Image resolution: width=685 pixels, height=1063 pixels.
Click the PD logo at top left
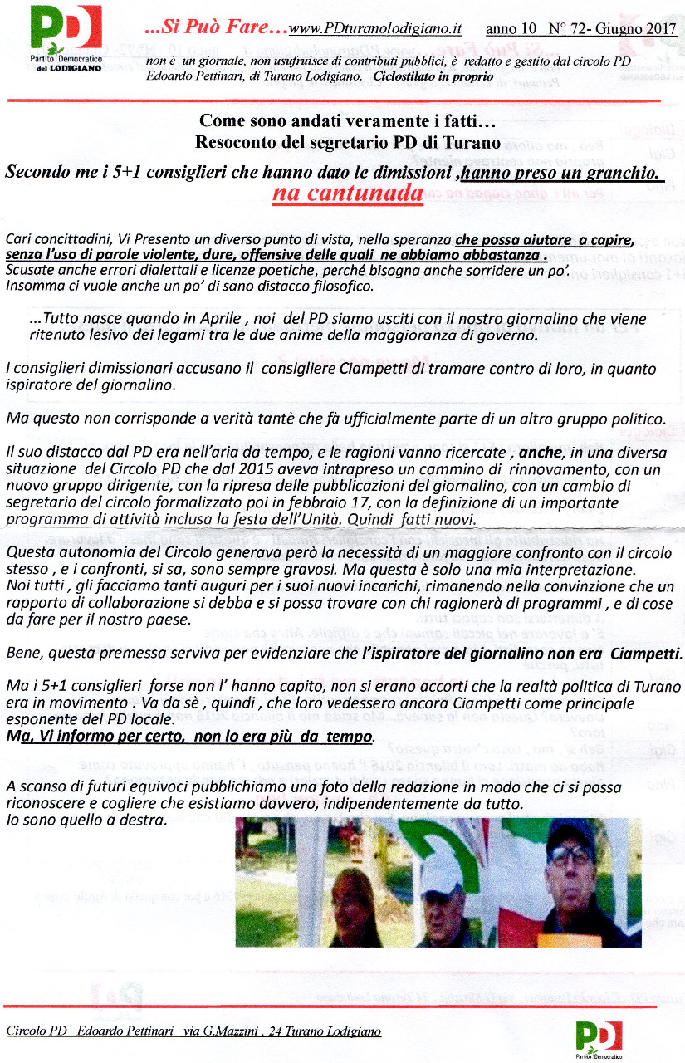(66, 38)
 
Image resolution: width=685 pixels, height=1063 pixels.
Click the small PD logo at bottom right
(598, 1038)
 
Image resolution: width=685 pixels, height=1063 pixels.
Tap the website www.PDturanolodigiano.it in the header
(374, 29)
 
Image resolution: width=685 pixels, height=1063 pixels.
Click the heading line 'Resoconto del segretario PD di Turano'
(347, 142)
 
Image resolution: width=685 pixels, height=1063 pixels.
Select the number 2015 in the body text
(241, 470)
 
